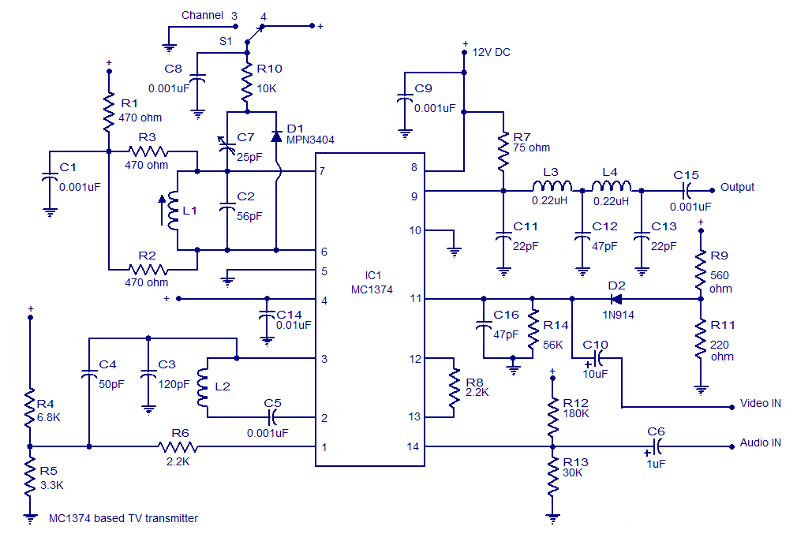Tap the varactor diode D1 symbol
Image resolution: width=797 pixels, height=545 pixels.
(276, 136)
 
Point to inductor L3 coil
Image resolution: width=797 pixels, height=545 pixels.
(552, 188)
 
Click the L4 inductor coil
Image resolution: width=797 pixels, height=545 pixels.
(611, 188)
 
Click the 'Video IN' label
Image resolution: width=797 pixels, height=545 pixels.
(760, 403)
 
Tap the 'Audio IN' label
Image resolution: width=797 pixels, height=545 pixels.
(760, 442)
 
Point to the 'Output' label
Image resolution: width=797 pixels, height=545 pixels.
(737, 188)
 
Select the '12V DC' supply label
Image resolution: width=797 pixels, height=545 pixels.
(491, 52)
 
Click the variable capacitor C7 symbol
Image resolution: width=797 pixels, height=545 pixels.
(227, 144)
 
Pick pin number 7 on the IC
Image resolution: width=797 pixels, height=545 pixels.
(322, 171)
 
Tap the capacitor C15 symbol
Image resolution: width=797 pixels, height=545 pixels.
(686, 189)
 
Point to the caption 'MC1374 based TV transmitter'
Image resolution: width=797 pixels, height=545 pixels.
(124, 518)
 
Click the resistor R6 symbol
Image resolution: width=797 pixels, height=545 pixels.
(178, 447)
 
